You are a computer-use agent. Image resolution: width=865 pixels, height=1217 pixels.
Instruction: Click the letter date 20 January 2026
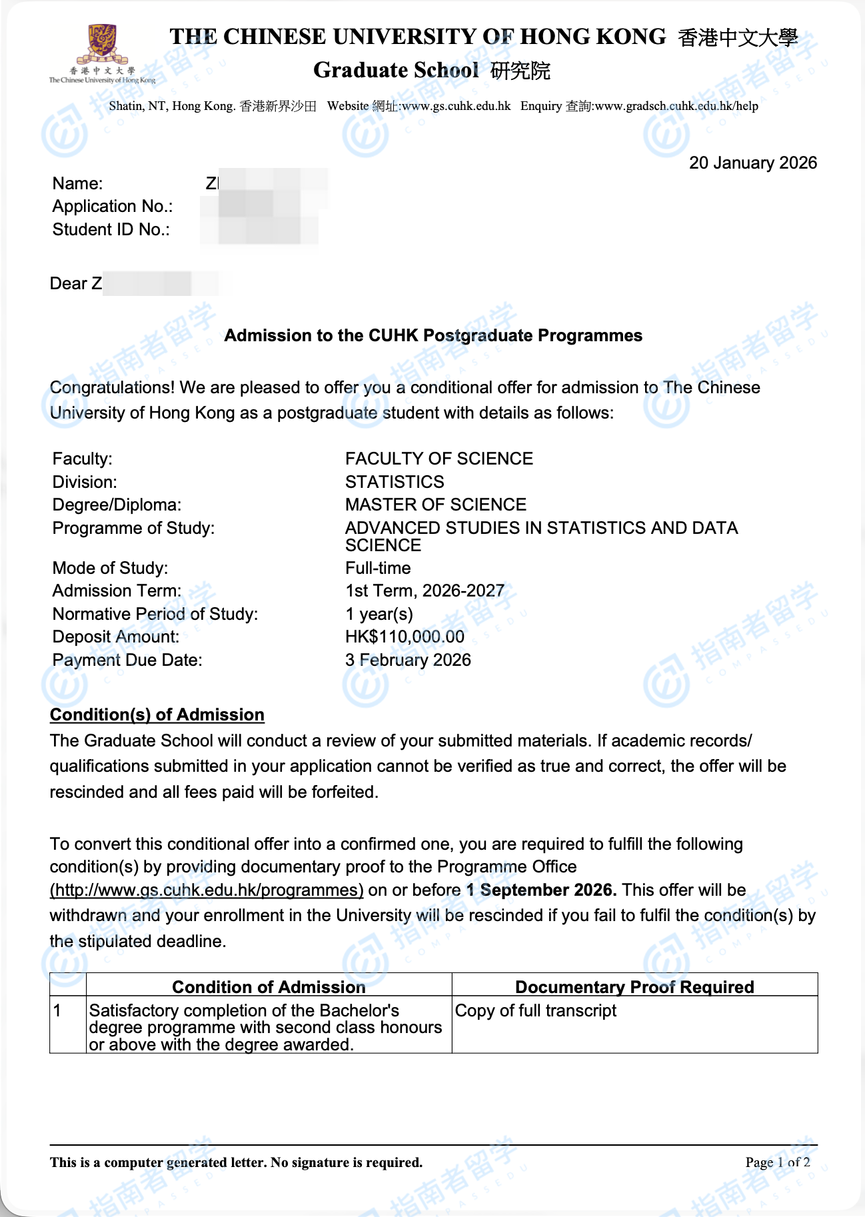(x=752, y=163)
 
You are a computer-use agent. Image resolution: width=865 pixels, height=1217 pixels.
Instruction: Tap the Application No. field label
(x=112, y=207)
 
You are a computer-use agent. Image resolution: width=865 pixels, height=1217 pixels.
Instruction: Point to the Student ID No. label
(x=111, y=230)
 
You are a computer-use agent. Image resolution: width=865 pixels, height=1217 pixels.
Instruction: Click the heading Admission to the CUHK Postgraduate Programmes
(x=433, y=335)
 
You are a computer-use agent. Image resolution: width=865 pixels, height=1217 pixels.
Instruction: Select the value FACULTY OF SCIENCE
(x=438, y=459)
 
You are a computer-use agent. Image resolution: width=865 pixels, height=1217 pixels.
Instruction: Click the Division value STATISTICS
(x=394, y=482)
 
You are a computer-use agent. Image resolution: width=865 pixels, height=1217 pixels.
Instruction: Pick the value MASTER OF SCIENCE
(x=435, y=505)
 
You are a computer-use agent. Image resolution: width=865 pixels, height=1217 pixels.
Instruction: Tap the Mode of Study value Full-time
(x=378, y=568)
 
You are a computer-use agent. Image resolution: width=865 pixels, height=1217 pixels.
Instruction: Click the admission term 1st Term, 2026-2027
(x=425, y=591)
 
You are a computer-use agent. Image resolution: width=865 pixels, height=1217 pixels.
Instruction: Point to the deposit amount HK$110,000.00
(x=405, y=636)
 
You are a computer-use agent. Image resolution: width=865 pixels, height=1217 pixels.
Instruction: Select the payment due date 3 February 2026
(x=408, y=660)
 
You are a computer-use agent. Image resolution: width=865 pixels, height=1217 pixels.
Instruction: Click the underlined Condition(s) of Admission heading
(x=157, y=714)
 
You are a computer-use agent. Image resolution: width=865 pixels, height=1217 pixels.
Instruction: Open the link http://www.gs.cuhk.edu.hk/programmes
(x=207, y=890)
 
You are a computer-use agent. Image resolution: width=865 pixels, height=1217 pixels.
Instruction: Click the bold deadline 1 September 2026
(x=541, y=890)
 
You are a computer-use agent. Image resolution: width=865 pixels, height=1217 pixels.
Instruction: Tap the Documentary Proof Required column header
(x=634, y=987)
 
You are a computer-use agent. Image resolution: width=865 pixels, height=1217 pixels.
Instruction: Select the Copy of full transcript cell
(x=535, y=1011)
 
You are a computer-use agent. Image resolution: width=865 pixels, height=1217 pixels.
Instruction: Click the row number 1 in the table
(x=57, y=1011)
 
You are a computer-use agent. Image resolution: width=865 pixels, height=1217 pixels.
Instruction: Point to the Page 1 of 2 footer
(x=777, y=1162)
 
